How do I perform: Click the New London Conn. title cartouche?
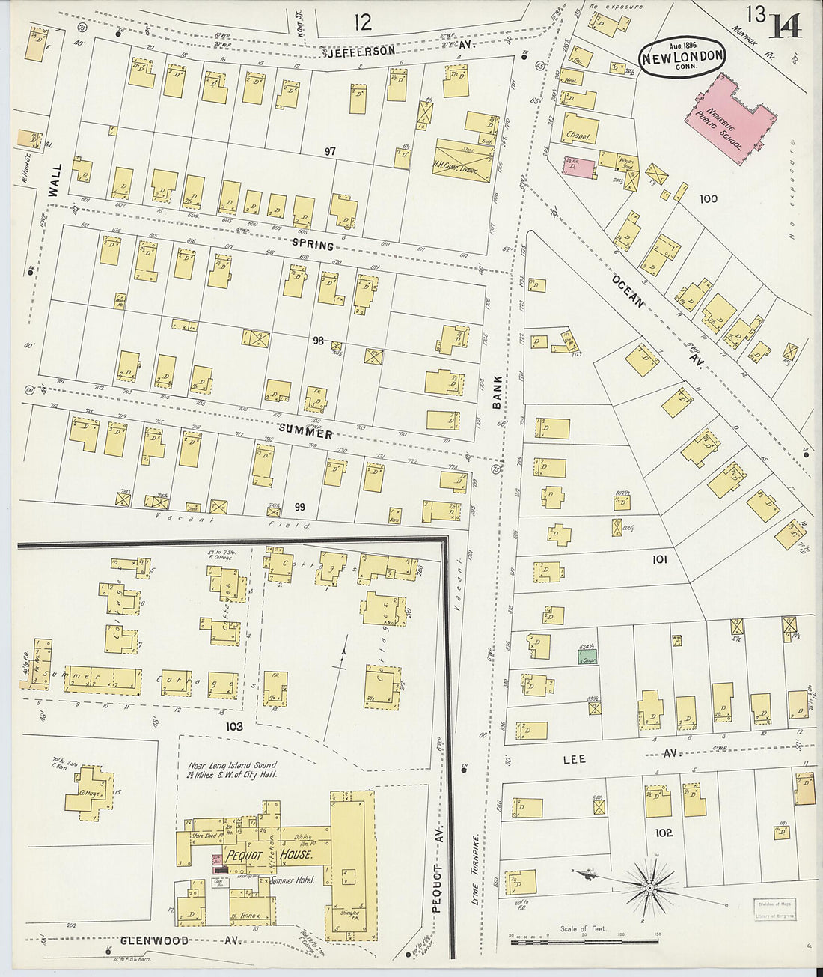(682, 55)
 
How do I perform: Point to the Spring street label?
(313, 244)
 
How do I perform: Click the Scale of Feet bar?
(584, 940)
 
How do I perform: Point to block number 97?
(329, 151)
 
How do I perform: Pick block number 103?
(234, 726)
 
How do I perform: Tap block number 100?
(709, 198)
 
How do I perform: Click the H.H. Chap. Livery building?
(464, 159)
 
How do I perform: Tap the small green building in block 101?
(587, 656)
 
